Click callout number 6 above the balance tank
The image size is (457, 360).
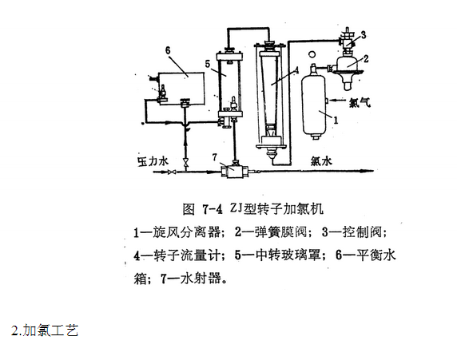tap(168, 50)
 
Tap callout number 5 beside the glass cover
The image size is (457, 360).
tap(208, 64)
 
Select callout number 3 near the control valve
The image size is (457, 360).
tap(364, 35)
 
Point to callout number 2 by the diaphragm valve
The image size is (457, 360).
tap(366, 58)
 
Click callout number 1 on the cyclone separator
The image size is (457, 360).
tap(336, 120)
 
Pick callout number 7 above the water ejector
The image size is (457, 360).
tap(215, 157)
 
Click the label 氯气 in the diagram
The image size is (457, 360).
tap(360, 102)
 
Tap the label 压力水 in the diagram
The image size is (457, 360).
tap(153, 161)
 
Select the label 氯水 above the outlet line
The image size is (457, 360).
tap(321, 160)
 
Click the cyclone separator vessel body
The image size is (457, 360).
tap(313, 105)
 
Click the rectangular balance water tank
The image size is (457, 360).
tap(181, 88)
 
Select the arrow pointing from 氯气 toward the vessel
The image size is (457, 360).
tap(338, 101)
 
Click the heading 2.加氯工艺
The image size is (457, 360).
tap(45, 330)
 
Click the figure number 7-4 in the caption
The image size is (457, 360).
tap(213, 209)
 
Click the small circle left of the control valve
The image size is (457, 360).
tap(312, 54)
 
